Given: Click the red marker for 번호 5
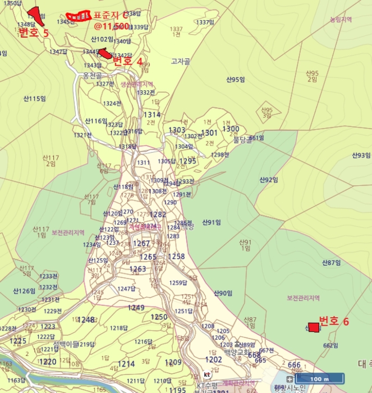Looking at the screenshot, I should pos(36,15).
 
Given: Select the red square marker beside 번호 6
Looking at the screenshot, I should pos(314,327).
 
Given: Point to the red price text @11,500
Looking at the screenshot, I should pos(112,26).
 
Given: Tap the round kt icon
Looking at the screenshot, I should pos(207,374).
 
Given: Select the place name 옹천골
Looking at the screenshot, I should pos(92,74).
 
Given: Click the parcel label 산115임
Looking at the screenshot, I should pos(34,99).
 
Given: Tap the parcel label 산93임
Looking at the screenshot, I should pos(361,155).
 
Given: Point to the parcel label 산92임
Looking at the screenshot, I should pos(269,180).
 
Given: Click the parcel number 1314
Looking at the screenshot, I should pos(151,115).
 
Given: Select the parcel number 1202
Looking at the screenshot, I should pos(213,359).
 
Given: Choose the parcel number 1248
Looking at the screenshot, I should pos(86,320).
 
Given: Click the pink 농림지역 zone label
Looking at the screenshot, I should pos(341,20).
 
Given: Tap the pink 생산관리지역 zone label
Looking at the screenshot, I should pos(136,84).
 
